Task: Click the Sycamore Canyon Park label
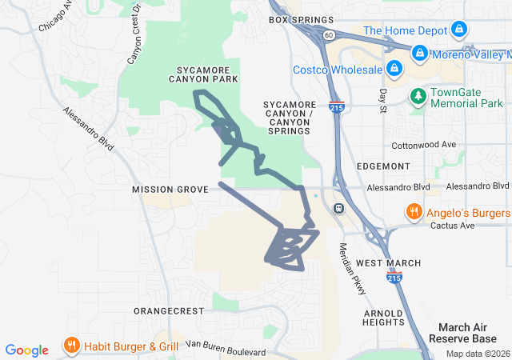[205, 74]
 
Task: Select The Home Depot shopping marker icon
[458, 30]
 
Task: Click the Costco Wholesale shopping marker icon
[393, 70]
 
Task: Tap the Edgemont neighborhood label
[384, 166]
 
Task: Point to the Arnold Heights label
[383, 318]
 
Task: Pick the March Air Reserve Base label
[468, 333]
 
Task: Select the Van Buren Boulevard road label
[224, 348]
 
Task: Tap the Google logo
[27, 350]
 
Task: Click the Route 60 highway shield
[329, 35]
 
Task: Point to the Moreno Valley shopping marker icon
[419, 54]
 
